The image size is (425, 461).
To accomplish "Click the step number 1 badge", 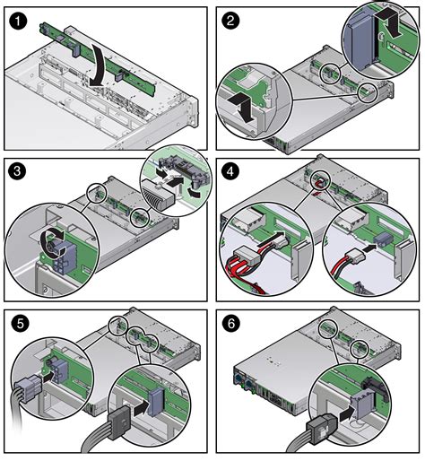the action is [18, 21].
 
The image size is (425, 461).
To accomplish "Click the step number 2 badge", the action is [230, 21].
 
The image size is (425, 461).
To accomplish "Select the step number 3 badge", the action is [17, 172].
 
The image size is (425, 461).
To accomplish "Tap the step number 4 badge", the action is [230, 171].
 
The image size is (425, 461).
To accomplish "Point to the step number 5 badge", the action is [20, 324].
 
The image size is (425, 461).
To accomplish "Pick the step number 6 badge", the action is [231, 323].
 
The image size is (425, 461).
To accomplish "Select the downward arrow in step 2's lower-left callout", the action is [244, 107].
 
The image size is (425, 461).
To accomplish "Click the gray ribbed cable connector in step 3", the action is [157, 194].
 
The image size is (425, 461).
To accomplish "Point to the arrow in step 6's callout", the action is [346, 413].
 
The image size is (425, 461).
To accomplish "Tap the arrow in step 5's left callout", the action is [49, 377].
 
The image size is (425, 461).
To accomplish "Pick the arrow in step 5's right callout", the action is [141, 408].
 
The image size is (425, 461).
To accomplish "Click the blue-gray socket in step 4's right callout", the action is [383, 239].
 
